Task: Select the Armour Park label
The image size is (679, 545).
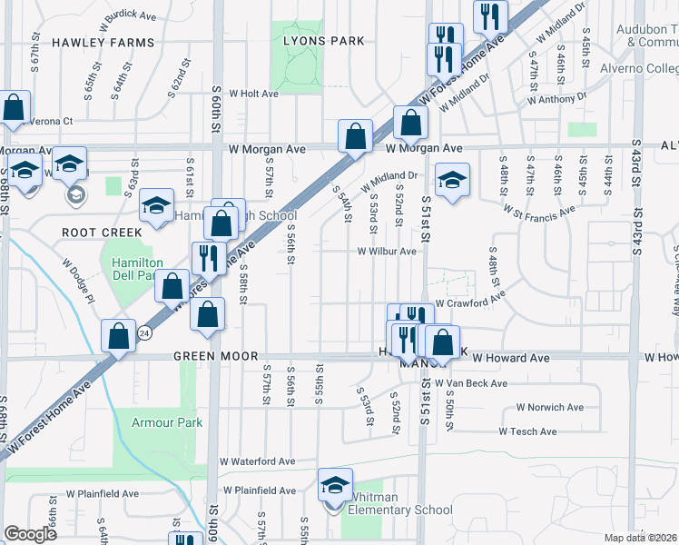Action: pos(154,422)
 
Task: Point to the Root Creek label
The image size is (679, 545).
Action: pos(102,233)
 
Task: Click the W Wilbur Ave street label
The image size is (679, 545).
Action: pos(387,252)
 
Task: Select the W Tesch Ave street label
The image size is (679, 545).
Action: pos(528,431)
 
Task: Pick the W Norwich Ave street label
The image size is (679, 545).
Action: pos(550,408)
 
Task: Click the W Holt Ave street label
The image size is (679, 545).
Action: pos(253,93)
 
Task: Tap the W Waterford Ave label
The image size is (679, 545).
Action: pos(258,461)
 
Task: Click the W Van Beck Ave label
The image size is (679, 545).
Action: pos(471,383)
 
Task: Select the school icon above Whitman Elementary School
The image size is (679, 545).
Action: pos(335,484)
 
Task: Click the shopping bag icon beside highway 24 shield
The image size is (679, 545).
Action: pos(119,334)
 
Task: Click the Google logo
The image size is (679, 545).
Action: pos(31,534)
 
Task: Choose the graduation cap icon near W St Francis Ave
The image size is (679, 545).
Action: pos(451,179)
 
